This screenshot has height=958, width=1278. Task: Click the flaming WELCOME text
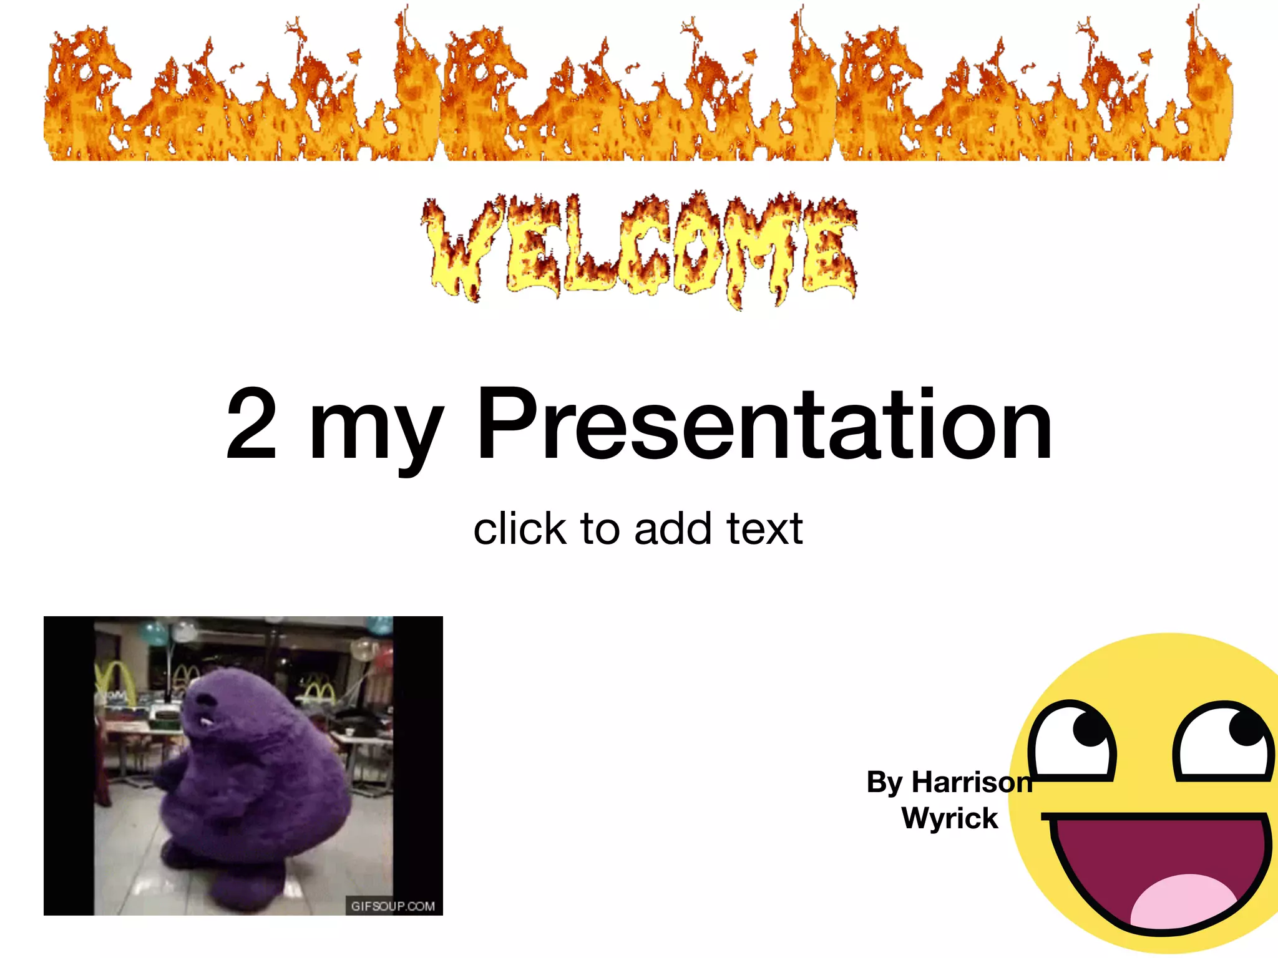coord(639,249)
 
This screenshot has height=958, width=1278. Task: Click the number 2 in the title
coord(251,424)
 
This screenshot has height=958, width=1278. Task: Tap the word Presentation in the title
coord(764,425)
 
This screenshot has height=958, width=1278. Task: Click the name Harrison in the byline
coord(972,782)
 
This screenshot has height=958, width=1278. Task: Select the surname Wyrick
coord(950,818)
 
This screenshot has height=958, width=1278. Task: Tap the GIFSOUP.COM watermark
coord(393,906)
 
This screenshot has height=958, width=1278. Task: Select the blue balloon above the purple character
coord(153,632)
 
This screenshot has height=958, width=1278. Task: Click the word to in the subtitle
coord(600,529)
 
